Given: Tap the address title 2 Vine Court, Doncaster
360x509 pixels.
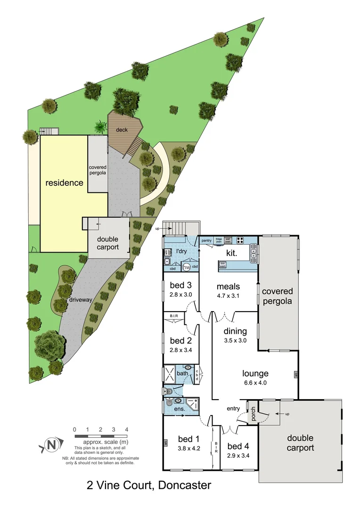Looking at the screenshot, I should pyautogui.click(x=149, y=485).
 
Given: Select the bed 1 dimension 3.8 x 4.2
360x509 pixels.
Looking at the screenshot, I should pyautogui.click(x=189, y=449).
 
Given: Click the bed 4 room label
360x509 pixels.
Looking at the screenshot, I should pyautogui.click(x=238, y=446).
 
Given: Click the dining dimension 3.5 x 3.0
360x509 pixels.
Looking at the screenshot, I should pyautogui.click(x=235, y=340).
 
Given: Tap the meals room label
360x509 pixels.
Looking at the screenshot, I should pyautogui.click(x=228, y=286).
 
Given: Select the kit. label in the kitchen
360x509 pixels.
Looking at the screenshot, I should pyautogui.click(x=230, y=253).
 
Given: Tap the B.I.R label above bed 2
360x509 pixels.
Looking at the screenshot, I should pyautogui.click(x=171, y=316).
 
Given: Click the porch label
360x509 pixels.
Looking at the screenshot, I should pyautogui.click(x=253, y=414).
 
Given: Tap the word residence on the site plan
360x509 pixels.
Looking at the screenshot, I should pyautogui.click(x=64, y=182).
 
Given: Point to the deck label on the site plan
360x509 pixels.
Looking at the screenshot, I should pyautogui.click(x=122, y=130).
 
